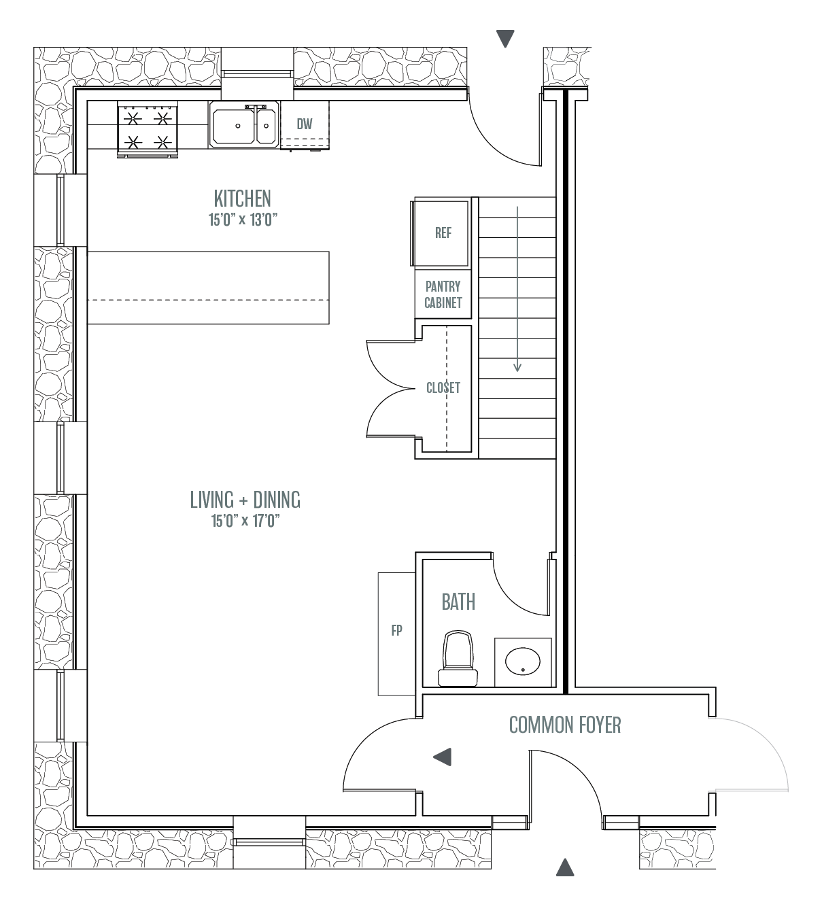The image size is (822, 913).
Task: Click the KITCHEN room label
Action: pos(242,199)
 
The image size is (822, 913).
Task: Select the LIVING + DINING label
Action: pos(245,499)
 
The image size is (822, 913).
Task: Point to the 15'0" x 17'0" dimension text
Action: pos(245,521)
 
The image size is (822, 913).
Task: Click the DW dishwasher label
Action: pos(305,124)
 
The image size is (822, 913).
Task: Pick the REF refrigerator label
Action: pos(443,233)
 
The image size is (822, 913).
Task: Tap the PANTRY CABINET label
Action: pos(443,294)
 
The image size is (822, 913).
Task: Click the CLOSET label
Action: pos(443,387)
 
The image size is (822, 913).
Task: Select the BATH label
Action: pos(458,602)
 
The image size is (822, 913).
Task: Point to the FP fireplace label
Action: pos(396,630)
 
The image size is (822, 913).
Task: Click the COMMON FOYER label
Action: pos(565,725)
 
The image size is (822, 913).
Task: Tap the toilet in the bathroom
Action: pos(458,658)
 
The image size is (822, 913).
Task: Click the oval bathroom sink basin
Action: pos(523,661)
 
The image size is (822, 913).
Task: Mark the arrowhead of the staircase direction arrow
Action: pos(517,366)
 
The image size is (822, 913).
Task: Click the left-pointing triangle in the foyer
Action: pos(442,757)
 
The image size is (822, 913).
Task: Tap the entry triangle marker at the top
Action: pos(505,38)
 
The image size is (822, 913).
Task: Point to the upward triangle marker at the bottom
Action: pos(565,867)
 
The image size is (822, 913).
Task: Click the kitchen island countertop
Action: pos(208,288)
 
